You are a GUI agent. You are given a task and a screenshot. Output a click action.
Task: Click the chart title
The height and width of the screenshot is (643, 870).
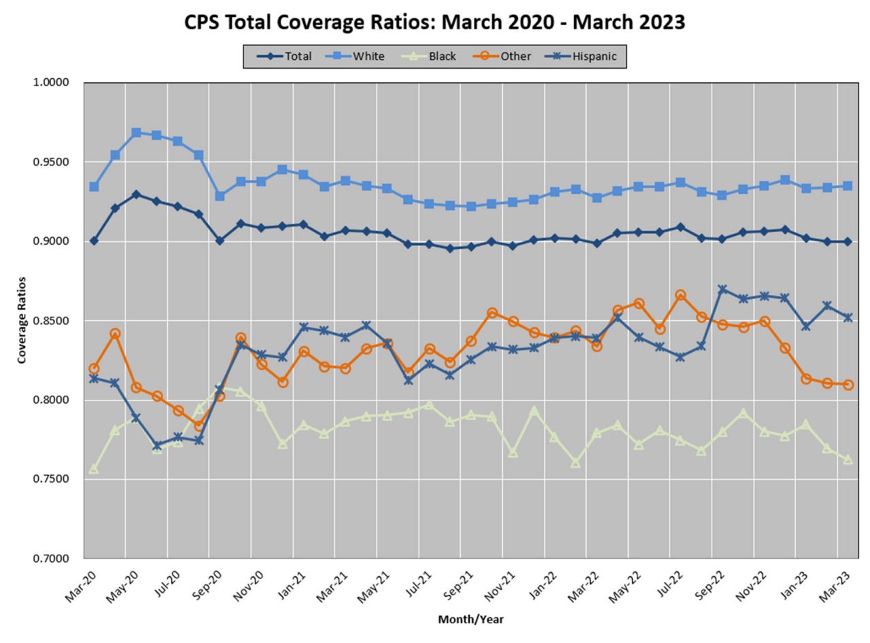pos(435,22)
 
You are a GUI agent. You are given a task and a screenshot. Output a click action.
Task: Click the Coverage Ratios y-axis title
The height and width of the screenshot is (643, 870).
pos(22,319)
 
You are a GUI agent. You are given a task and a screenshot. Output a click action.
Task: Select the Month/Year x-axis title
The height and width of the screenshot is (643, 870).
pos(470,619)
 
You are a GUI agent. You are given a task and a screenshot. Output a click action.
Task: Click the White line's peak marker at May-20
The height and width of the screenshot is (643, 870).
pos(136,133)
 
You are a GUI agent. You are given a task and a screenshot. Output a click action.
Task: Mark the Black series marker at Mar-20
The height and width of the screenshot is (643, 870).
pos(94,469)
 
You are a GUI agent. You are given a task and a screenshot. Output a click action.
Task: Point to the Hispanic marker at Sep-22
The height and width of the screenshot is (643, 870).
pos(722,289)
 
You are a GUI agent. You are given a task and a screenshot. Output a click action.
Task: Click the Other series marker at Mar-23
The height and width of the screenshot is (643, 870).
pos(848,384)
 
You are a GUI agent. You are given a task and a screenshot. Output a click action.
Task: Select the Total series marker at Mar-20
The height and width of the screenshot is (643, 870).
pos(94,241)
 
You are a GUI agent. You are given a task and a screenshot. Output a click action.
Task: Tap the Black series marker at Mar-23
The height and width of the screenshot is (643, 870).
pos(848,459)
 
